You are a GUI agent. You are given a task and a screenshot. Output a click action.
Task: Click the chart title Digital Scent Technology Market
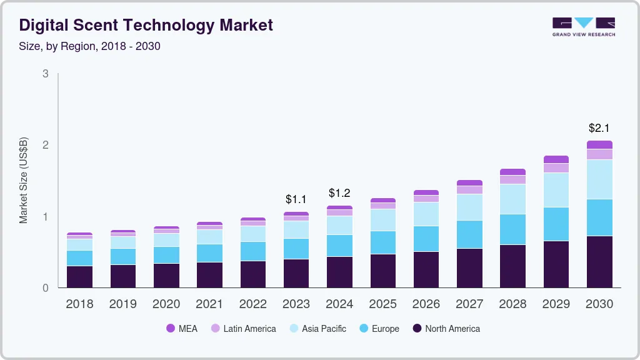click(x=146, y=25)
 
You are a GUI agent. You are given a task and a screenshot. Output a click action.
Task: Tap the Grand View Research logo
click(x=583, y=27)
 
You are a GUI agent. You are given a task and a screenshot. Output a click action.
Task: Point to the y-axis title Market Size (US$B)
click(x=24, y=179)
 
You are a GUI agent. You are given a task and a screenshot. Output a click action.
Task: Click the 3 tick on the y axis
click(x=45, y=74)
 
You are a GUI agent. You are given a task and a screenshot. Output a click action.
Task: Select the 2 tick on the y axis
click(x=45, y=145)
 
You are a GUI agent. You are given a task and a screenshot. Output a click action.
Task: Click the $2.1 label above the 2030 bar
click(x=599, y=128)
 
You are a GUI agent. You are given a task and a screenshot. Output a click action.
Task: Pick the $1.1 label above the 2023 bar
click(x=296, y=199)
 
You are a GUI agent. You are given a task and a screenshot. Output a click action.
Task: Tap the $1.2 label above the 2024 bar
click(x=339, y=192)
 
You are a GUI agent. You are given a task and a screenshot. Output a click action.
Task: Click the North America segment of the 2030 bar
click(x=599, y=262)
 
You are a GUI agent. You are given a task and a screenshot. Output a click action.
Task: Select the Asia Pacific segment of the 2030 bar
click(x=599, y=179)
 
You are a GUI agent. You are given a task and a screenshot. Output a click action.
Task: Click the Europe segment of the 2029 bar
click(x=556, y=224)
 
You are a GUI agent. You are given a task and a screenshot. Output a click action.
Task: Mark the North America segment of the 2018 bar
click(x=79, y=277)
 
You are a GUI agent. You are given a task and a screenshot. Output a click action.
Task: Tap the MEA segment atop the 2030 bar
click(x=599, y=144)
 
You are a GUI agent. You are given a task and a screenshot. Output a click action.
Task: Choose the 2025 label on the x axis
click(x=382, y=304)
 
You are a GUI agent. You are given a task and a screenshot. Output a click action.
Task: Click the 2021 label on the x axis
click(x=209, y=304)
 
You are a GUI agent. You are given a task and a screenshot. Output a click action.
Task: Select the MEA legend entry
click(x=182, y=329)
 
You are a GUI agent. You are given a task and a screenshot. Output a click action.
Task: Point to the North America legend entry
click(x=446, y=329)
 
